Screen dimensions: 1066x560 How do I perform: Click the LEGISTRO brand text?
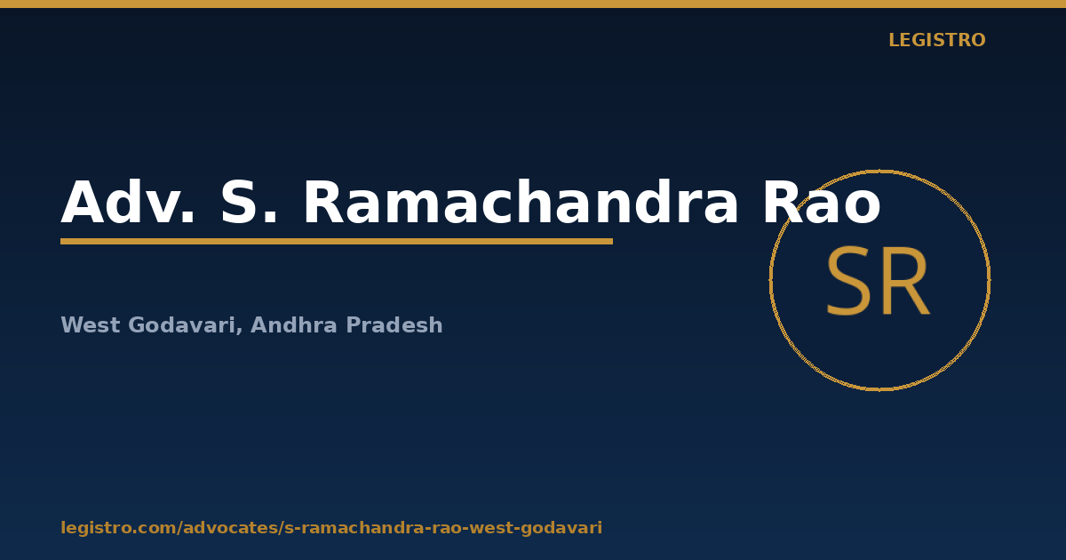coord(937,40)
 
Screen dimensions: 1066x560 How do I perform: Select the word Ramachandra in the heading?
coord(521,201)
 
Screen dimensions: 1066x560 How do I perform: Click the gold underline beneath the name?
coord(337,242)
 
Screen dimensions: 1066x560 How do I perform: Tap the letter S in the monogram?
coord(848,281)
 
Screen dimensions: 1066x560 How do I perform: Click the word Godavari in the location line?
coord(181,325)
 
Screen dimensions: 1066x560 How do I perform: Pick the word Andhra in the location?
coord(294,324)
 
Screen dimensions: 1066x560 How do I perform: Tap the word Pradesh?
coord(394,324)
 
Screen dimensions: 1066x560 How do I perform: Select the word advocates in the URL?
coord(230,528)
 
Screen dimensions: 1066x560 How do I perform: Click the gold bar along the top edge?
coord(533,4)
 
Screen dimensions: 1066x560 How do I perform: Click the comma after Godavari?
coord(239,331)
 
